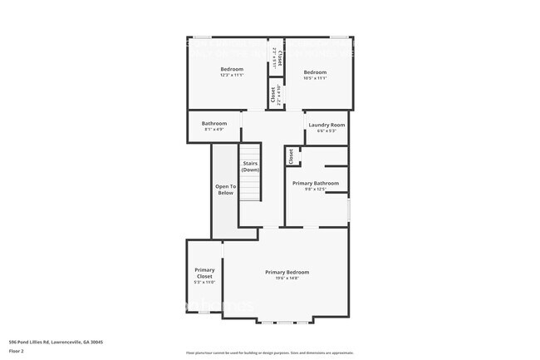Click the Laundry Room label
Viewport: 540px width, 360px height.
(326, 125)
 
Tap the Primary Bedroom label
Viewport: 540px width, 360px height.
(287, 272)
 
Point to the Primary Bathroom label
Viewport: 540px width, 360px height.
(316, 183)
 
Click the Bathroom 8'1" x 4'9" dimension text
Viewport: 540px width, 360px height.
(214, 130)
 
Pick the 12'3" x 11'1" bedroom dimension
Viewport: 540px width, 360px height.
(232, 76)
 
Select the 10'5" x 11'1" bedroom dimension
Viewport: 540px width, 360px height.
(315, 78)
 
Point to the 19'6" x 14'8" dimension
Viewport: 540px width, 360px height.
(287, 279)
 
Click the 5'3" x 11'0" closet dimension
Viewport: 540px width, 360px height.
(204, 283)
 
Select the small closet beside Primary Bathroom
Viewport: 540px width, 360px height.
(291, 155)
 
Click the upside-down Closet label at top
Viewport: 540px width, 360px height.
(280, 58)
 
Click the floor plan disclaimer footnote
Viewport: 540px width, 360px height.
(269, 353)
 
